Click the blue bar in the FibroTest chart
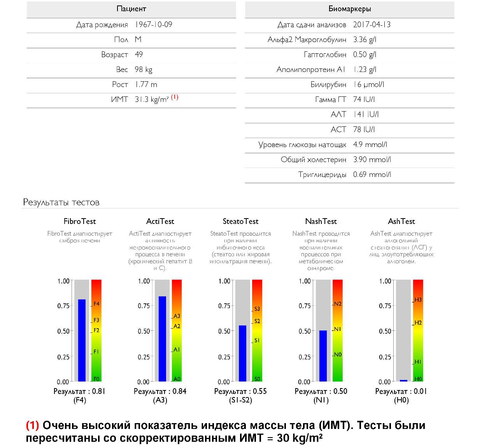click(82, 340)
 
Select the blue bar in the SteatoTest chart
click(242, 353)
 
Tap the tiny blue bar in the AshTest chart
click(403, 380)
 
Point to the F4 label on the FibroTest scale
click(96, 304)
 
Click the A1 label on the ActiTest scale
click(177, 350)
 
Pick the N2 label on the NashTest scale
click(338, 304)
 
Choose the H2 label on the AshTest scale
click(418, 323)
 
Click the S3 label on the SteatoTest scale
click(257, 309)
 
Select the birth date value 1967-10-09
click(154, 24)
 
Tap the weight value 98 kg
click(144, 70)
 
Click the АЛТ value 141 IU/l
click(366, 114)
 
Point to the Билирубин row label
click(328, 85)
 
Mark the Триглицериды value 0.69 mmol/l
click(372, 175)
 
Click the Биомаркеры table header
click(349, 9)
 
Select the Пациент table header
click(131, 9)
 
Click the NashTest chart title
click(321, 221)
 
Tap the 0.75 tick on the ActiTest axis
click(144, 306)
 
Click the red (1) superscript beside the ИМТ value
click(175, 97)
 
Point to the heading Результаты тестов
click(61, 202)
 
